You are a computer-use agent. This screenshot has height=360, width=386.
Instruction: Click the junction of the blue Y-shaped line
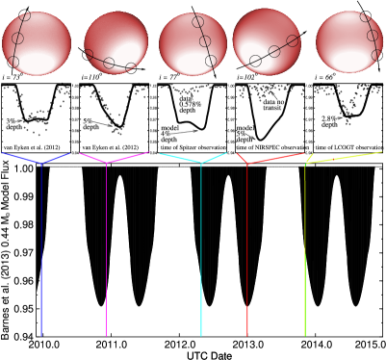[x=41, y=163]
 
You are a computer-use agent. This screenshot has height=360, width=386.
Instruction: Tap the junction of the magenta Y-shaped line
[x=106, y=163]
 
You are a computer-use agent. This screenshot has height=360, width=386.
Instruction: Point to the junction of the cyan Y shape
[x=201, y=163]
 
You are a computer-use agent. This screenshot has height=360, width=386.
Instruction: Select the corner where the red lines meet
[x=247, y=164]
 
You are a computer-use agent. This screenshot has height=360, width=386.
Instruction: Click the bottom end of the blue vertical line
[x=41, y=335]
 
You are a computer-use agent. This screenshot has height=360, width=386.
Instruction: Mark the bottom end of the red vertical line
[x=247, y=336]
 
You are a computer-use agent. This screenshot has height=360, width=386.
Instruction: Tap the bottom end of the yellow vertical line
[x=305, y=336]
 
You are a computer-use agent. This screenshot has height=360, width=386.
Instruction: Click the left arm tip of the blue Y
[x=3, y=152]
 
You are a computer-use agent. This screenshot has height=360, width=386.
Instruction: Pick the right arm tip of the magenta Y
[x=149, y=152]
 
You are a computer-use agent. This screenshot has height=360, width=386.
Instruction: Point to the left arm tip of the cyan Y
[x=160, y=153]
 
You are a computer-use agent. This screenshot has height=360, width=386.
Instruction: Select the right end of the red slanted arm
[x=303, y=153]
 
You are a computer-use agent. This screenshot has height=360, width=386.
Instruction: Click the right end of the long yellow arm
[x=381, y=151]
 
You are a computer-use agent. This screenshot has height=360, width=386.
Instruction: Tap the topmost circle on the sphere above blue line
[x=25, y=15]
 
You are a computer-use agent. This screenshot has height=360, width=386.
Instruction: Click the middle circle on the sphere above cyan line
[x=205, y=41]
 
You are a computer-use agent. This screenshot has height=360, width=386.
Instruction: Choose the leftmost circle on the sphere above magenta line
[x=89, y=55]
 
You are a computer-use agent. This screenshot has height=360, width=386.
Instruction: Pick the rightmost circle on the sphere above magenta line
[x=131, y=68]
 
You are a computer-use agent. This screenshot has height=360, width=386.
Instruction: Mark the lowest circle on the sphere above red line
[x=255, y=61]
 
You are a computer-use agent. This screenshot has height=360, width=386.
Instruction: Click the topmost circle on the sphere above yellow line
[x=366, y=16]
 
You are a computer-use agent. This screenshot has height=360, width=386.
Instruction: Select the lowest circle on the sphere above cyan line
[x=211, y=61]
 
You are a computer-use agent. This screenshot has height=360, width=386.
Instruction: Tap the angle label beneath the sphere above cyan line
[x=169, y=77]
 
